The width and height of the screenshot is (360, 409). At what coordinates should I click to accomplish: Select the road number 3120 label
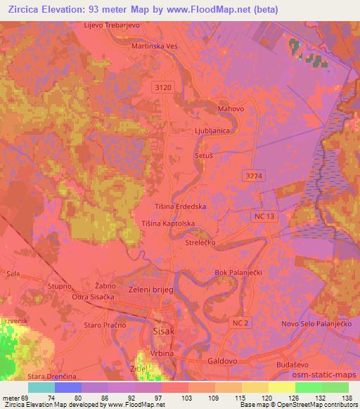pyautogui.click(x=162, y=86)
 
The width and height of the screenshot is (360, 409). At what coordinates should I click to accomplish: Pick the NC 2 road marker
pyautogui.click(x=240, y=321)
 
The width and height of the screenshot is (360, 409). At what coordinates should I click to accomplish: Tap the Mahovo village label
pyautogui.click(x=231, y=110)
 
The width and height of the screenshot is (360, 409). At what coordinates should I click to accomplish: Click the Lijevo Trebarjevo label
pyautogui.click(x=112, y=25)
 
